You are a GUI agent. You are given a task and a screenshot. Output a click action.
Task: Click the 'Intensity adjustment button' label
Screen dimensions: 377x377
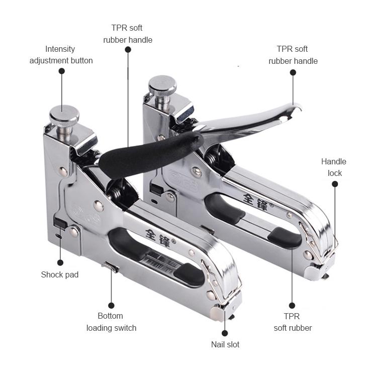(x=61, y=55)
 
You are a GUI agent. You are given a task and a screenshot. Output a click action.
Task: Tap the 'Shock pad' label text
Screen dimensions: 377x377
(x=60, y=274)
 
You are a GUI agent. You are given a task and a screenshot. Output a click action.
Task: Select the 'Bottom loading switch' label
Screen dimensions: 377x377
(x=111, y=322)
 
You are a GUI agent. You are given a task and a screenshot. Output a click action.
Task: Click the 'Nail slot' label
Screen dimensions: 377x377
(x=225, y=344)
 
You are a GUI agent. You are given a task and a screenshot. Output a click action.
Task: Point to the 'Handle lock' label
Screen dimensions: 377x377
(x=334, y=167)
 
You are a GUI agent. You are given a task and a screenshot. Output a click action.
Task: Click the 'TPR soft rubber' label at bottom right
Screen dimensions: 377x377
(x=293, y=322)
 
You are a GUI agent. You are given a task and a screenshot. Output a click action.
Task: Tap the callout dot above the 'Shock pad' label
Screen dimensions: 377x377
(x=60, y=262)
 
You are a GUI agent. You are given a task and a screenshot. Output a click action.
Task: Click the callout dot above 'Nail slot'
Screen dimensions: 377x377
(x=225, y=333)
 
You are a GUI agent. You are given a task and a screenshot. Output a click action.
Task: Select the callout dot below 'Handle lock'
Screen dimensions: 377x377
(x=335, y=184)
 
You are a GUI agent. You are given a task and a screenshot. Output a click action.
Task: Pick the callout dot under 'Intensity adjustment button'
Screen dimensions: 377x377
(x=62, y=71)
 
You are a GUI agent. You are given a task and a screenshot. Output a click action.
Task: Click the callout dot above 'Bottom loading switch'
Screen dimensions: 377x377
(x=111, y=306)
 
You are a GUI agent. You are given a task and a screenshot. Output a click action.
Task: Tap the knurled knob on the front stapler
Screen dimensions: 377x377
(x=64, y=114)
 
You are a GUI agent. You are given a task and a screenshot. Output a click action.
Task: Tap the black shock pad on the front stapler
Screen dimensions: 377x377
(x=60, y=222)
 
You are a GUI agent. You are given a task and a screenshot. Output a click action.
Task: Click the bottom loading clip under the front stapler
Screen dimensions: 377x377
(x=111, y=266)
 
